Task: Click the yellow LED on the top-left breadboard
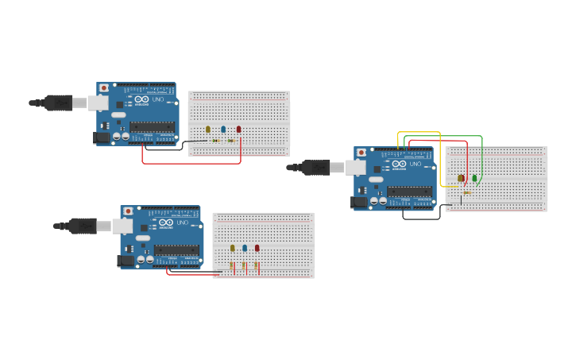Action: (x=208, y=129)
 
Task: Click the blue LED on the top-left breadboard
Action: (x=223, y=129)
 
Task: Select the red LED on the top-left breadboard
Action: (x=238, y=129)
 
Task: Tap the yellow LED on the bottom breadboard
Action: (x=233, y=248)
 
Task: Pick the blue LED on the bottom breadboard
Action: (x=245, y=248)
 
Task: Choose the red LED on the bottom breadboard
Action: (x=257, y=248)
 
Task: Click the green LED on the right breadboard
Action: (x=474, y=178)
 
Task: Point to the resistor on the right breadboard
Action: (x=466, y=192)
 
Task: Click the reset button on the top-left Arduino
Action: (x=103, y=87)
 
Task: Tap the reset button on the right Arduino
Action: (x=361, y=152)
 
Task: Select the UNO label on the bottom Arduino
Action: (x=182, y=223)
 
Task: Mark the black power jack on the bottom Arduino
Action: (x=125, y=260)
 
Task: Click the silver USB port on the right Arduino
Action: (x=355, y=167)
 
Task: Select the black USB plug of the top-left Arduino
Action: (x=59, y=103)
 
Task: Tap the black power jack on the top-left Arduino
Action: (x=101, y=137)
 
